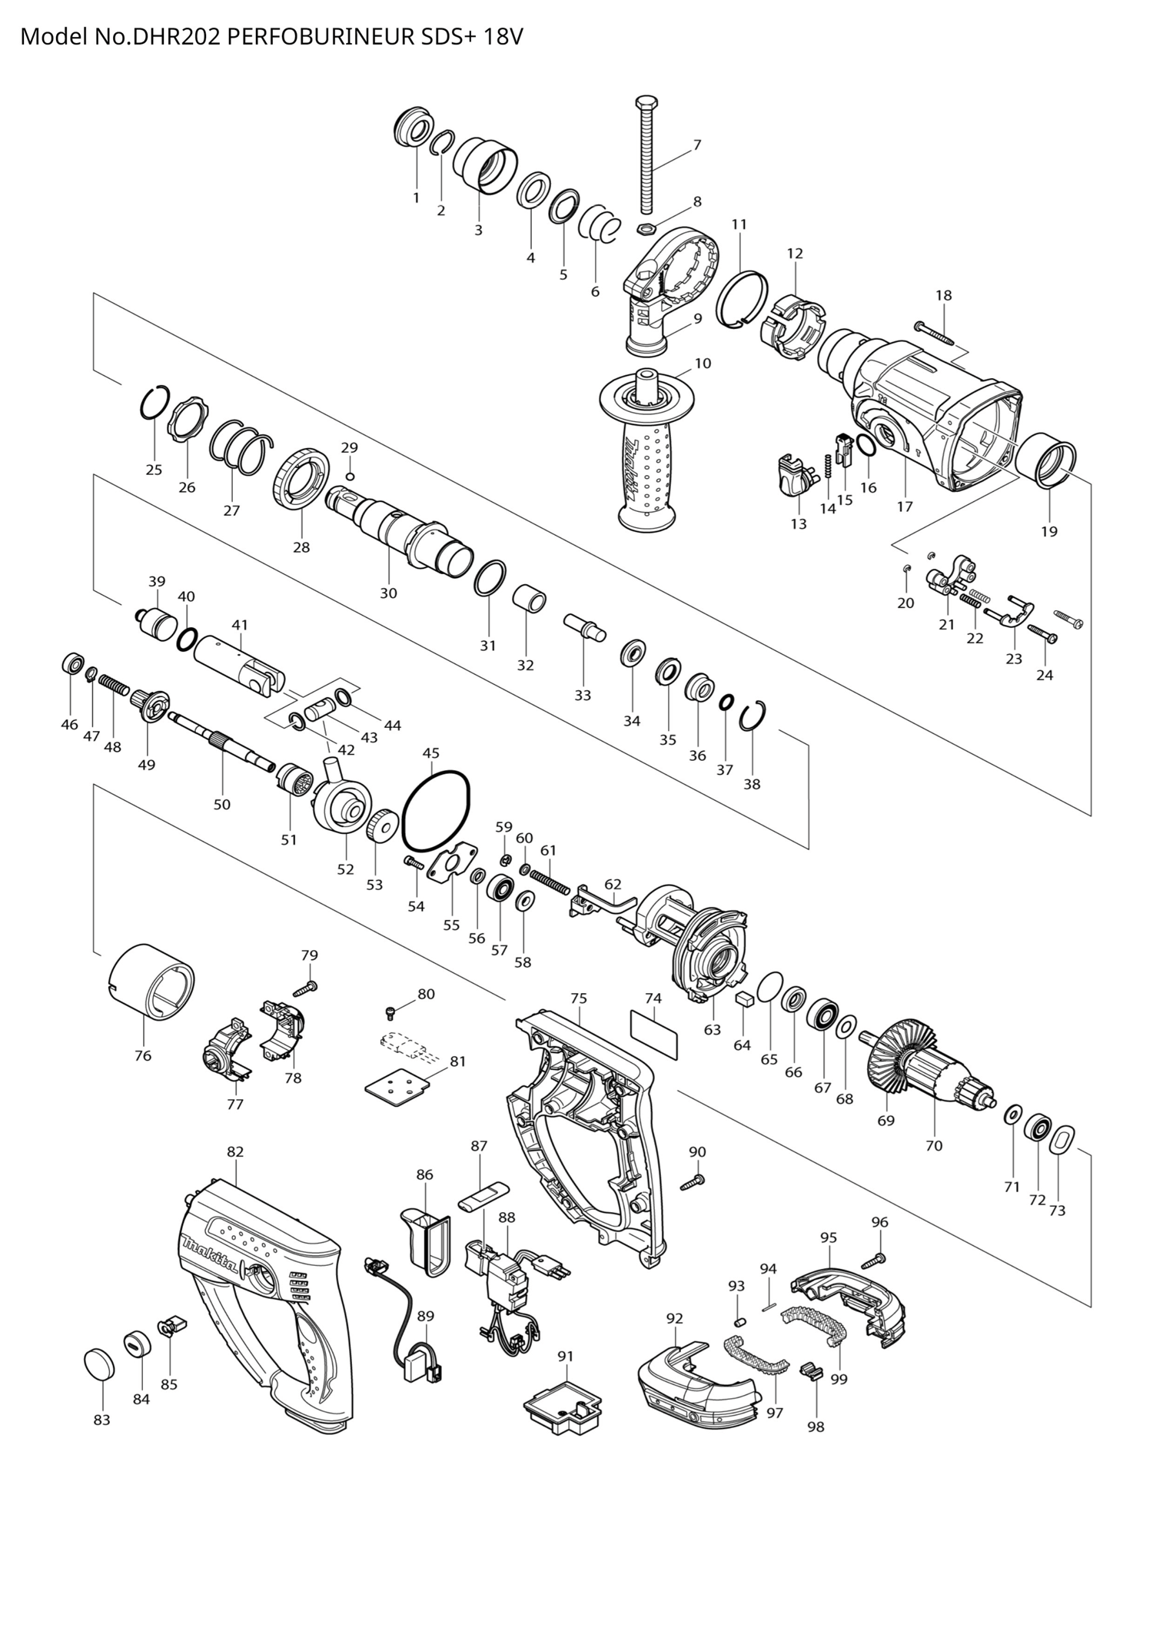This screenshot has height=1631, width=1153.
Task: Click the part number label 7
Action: click(697, 144)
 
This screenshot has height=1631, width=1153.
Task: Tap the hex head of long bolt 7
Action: click(646, 104)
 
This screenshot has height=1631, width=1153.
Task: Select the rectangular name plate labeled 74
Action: click(655, 1035)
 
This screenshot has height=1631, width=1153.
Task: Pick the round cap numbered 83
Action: click(99, 1363)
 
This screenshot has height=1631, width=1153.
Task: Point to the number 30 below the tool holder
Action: click(388, 593)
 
